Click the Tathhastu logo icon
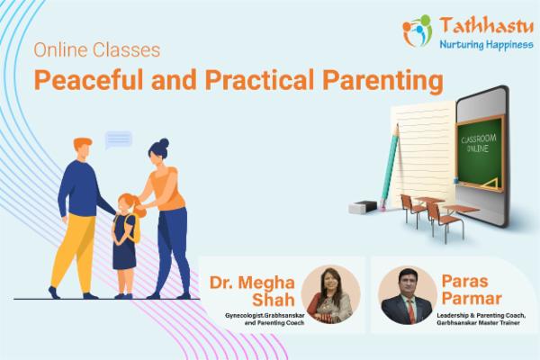click(417, 31)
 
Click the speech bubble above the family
click(118, 139)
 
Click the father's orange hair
click(83, 145)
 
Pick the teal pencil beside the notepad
click(389, 167)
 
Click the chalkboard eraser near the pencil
click(362, 207)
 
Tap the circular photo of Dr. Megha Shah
click(330, 294)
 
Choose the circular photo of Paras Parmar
click(407, 294)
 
